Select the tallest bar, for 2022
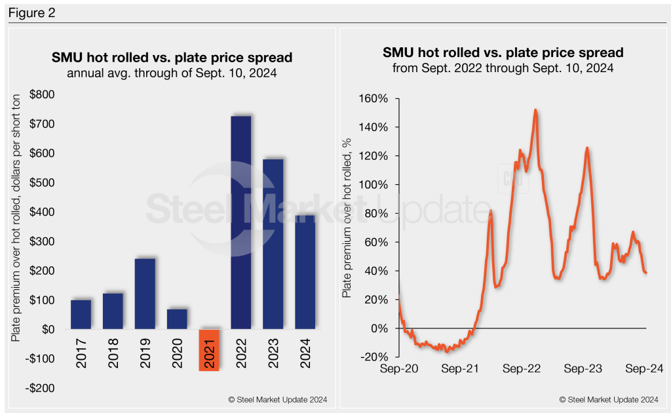click(240, 223)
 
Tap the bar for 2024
click(305, 272)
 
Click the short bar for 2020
click(177, 319)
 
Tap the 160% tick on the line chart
click(374, 98)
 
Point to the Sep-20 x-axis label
click(399, 369)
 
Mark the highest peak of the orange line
click(536, 110)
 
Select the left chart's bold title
click(172, 58)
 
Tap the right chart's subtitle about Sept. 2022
click(503, 68)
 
